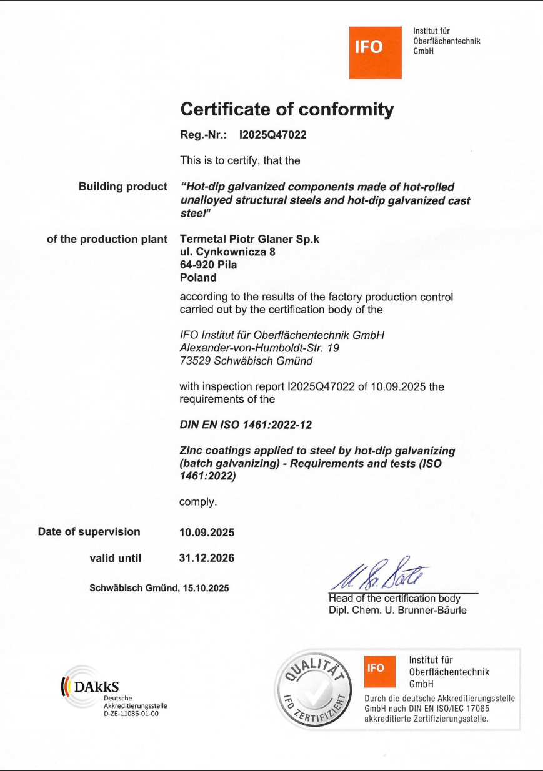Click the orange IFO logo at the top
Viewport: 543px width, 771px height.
click(x=375, y=52)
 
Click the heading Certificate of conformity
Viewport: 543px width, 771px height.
click(x=287, y=110)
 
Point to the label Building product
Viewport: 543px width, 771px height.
click(x=123, y=187)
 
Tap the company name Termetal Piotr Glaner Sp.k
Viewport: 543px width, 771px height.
click(x=249, y=239)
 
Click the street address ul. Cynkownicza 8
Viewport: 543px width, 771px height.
click(x=227, y=252)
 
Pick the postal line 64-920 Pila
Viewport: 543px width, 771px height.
click(x=208, y=265)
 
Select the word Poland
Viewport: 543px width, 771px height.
click(x=198, y=278)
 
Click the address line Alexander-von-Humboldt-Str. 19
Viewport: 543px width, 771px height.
click(x=259, y=348)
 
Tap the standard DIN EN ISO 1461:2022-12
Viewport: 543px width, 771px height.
click(x=245, y=425)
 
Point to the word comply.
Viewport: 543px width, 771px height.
click(x=198, y=501)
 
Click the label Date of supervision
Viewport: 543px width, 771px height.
click(x=89, y=532)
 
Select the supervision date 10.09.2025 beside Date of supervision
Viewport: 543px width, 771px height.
click(x=207, y=533)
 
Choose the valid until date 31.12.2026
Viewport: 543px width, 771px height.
click(x=207, y=558)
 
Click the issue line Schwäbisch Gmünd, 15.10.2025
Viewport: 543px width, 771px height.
click(x=159, y=588)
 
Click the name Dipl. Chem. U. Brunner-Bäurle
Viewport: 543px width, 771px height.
click(x=397, y=611)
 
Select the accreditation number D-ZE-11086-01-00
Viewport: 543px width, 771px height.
click(x=131, y=712)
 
